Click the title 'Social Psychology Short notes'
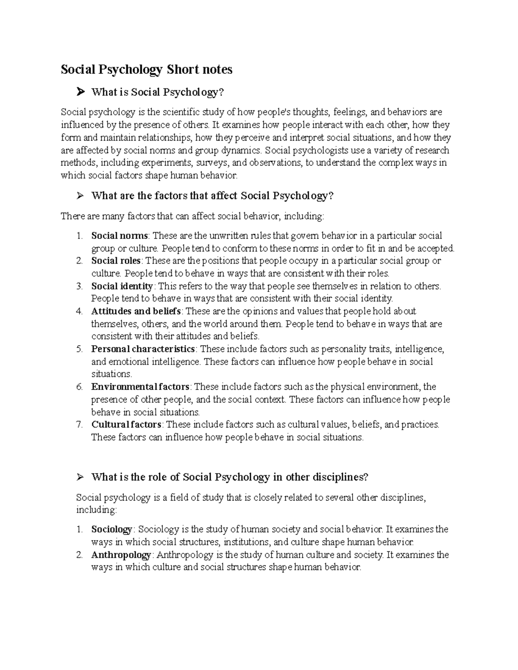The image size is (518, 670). pos(146,69)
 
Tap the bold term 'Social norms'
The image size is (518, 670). pos(120,236)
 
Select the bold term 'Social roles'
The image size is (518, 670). pos(116,261)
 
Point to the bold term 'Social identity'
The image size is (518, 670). pos(122,286)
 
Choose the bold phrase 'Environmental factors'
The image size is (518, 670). pos(140,387)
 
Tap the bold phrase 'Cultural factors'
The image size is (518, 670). pos(126,425)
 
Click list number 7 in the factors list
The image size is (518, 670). pos(79,425)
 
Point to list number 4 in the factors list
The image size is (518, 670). pos(79,311)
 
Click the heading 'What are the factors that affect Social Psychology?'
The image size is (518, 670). pos(213,196)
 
